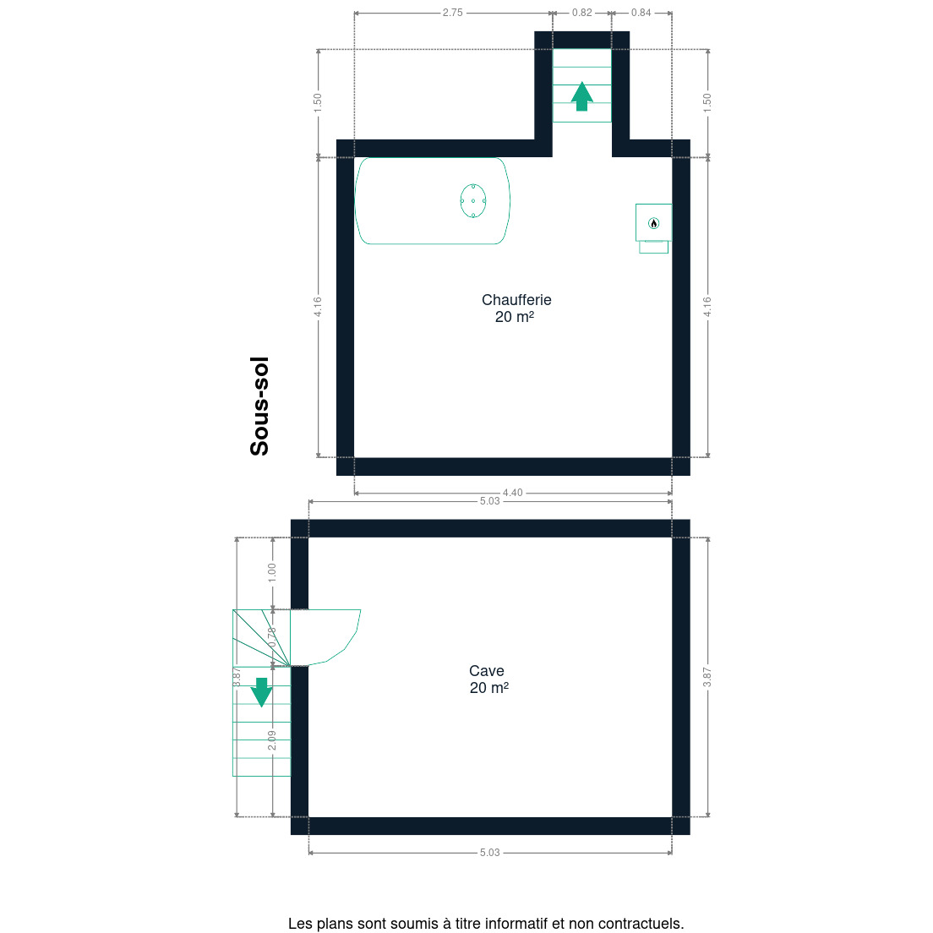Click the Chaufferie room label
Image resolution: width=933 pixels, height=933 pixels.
pos(516,300)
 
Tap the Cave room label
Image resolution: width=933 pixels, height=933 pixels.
pos(487,671)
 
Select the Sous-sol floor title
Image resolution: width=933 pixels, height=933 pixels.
pos(259,406)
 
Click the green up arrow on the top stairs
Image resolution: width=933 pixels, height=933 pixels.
pos(582,95)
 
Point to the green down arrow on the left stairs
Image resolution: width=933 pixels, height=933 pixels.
pos(261,692)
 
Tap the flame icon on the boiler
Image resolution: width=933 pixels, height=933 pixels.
pos(654,223)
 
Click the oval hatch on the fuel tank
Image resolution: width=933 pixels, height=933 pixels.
pos(473,201)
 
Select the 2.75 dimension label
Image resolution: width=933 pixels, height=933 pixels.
pos(452,13)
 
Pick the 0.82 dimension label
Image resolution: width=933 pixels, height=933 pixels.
pos(582,13)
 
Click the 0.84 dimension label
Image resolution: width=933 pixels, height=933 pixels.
pos(641,13)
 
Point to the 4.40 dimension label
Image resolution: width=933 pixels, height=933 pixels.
pos(513,493)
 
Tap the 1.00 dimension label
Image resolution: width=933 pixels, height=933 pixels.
pos(272,572)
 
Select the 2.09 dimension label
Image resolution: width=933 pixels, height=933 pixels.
pos(272,740)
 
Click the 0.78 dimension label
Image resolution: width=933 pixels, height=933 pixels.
pos(272,638)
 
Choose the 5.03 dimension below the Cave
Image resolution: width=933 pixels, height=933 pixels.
pos(490,853)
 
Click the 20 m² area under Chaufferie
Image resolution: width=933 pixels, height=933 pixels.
pos(515,317)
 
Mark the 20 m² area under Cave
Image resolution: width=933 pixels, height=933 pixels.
pos(489,688)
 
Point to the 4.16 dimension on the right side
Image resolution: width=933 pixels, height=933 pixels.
pos(707,307)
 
